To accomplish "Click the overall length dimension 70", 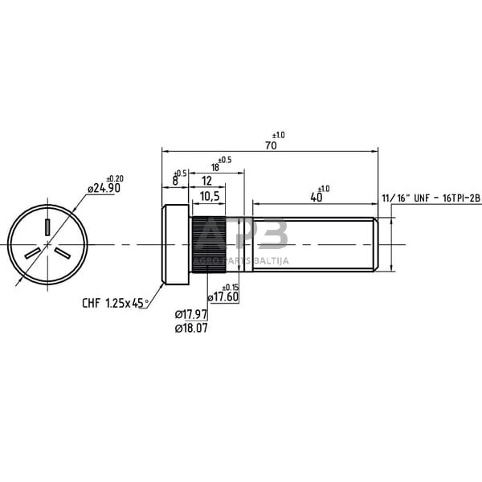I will [271, 145].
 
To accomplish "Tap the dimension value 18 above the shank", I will [214, 168].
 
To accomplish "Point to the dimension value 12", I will [207, 182].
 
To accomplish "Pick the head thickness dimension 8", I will [175, 182].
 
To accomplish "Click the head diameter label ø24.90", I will [103, 188].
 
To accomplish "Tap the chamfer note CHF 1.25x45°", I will [116, 303].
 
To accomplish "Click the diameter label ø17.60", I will [223, 296].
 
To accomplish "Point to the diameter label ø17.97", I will [191, 316].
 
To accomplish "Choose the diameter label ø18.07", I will [191, 328].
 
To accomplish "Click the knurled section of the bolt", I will [206, 244].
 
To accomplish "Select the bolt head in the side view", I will [176, 244].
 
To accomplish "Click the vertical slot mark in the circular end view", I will [48, 227].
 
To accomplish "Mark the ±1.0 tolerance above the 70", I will [279, 134].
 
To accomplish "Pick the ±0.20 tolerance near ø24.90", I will [115, 178].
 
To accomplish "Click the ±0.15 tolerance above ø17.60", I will [230, 287].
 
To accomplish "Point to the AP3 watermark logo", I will [241, 238].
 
